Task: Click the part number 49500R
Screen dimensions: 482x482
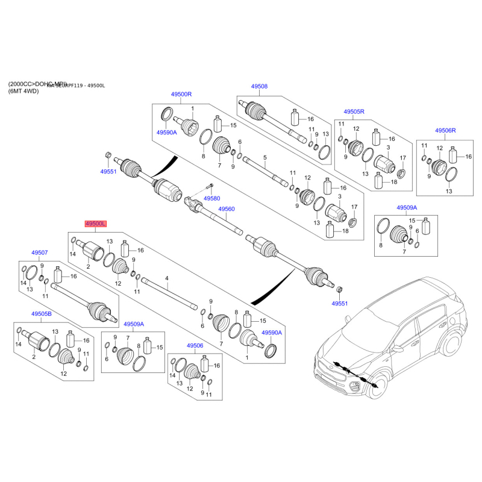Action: (181, 95)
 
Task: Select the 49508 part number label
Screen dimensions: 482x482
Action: (258, 86)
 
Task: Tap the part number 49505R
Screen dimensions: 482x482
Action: (354, 112)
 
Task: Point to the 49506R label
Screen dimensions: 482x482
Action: (445, 130)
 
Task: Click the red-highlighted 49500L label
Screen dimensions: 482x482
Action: (96, 224)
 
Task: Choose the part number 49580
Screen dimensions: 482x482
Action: (211, 198)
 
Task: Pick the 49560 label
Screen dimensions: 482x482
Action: (227, 209)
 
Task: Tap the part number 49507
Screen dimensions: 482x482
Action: (39, 253)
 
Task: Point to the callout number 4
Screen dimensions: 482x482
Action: (167, 278)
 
